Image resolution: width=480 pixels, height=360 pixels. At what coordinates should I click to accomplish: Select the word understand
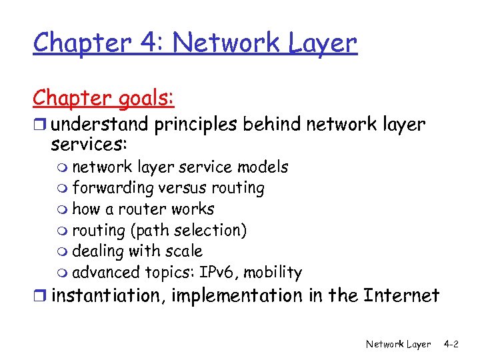coord(93,125)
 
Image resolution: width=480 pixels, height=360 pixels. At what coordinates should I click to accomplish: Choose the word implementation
coord(235,295)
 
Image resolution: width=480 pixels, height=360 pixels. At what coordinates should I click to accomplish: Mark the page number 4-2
coord(451,344)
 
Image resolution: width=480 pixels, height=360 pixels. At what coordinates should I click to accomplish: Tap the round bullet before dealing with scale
coord(64,252)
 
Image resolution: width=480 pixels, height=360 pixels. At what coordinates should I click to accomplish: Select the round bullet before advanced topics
coord(64,273)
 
